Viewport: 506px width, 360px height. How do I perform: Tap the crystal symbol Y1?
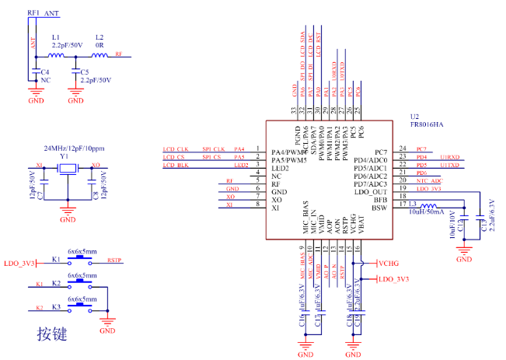68,170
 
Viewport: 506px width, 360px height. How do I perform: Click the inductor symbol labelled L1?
57,56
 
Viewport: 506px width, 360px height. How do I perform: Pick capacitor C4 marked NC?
34,75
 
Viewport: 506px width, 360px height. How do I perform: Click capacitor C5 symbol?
75,75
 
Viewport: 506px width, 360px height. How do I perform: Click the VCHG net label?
389,263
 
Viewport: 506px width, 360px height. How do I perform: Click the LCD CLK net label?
176,149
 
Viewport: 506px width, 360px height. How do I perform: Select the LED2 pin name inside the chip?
281,166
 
